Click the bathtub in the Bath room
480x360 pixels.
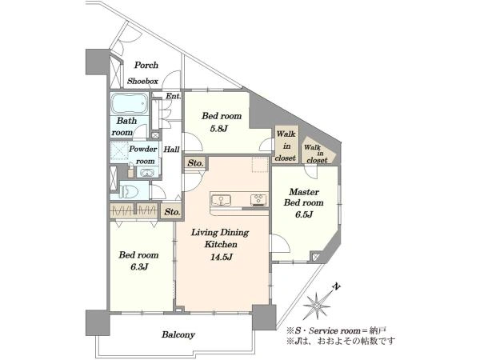(x=129, y=103)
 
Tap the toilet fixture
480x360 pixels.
(x=128, y=192)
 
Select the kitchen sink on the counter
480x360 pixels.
(x=221, y=200)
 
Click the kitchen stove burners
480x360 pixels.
(x=258, y=200)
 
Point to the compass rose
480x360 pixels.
(x=317, y=306)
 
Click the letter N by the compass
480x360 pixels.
(x=337, y=287)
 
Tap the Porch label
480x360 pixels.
(x=146, y=66)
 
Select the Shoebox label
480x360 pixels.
(x=142, y=81)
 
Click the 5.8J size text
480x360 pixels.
(x=218, y=129)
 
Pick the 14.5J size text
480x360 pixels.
(x=222, y=257)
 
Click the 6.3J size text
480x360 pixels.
(x=139, y=267)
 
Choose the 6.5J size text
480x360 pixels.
(x=304, y=214)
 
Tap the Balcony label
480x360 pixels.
(x=178, y=334)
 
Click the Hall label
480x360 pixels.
(x=171, y=150)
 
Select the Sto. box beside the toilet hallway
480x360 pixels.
(x=172, y=211)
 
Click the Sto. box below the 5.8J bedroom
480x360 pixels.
(x=196, y=163)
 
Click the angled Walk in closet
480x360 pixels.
(x=318, y=151)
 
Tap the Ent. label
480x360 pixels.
(x=174, y=96)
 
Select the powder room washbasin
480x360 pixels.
(x=147, y=174)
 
